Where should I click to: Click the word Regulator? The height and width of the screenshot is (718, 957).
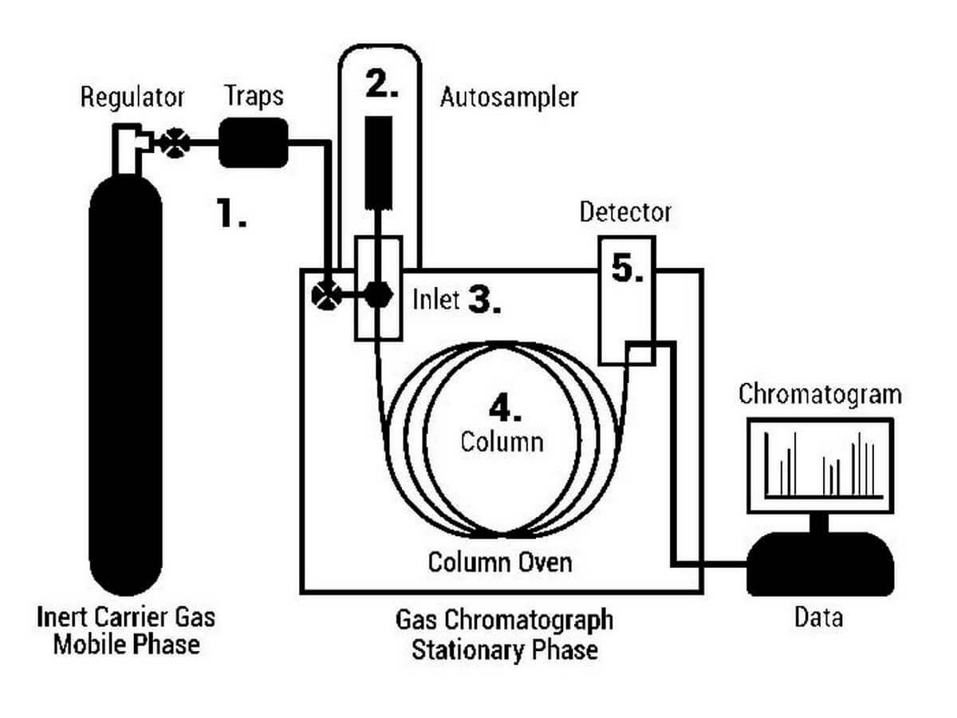132,97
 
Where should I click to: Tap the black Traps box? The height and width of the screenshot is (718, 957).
253,142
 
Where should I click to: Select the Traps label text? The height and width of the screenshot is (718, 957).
254,96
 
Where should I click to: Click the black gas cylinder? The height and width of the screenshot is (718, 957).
126,383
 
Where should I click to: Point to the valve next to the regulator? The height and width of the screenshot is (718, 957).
173,144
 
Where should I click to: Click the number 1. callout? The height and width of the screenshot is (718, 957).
232,213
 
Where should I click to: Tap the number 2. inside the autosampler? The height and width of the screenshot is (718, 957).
382,85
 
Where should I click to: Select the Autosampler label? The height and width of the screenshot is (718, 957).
509,98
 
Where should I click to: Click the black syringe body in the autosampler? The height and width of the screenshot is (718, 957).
379,160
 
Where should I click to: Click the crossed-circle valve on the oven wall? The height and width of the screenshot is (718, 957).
325,294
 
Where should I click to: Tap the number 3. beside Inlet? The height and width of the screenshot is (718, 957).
484,300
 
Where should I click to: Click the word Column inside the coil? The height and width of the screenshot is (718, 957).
502,441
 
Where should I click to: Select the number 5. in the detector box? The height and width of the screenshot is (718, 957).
628,269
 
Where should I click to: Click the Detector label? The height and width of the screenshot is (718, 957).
625,212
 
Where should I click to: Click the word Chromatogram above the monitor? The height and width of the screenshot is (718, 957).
820,394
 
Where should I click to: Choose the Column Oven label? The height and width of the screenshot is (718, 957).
500,562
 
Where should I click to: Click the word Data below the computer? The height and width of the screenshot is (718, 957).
818,617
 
